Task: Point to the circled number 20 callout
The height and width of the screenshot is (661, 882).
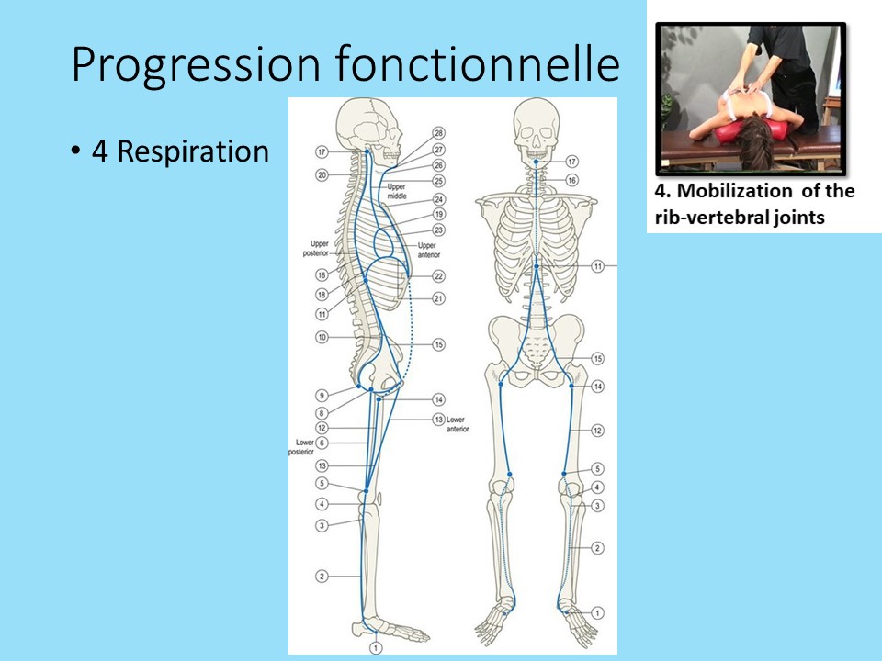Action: (322, 175)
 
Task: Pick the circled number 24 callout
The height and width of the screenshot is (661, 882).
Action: (438, 199)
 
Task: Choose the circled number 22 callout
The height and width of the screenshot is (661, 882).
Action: (438, 276)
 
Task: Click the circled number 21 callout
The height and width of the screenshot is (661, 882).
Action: (438, 298)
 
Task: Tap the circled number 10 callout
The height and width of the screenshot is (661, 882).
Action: (322, 338)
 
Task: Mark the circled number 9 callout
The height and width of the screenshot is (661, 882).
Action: (322, 396)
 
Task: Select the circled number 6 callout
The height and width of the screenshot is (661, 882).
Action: (322, 443)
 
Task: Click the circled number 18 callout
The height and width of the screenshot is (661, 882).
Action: (322, 295)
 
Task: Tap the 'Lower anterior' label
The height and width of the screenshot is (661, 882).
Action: (457, 424)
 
